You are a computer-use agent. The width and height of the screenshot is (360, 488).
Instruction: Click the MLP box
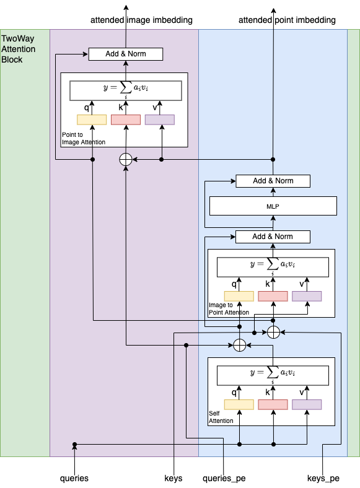273,206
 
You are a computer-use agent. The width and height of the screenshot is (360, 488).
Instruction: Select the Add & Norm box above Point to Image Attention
126,54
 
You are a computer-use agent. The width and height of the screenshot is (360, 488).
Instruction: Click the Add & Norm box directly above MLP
273,181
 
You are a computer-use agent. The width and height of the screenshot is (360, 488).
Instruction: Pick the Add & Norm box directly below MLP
273,237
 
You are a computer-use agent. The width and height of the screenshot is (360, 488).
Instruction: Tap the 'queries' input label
74,478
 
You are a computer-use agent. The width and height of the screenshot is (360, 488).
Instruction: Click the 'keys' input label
173,478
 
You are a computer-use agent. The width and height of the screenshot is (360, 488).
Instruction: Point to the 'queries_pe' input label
222,478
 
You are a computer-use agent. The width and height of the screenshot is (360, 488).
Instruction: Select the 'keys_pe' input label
323,478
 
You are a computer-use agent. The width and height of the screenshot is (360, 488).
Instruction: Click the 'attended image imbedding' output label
141,20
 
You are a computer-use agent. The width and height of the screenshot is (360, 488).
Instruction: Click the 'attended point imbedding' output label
287,20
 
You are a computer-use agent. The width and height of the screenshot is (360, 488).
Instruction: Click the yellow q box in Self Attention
239,405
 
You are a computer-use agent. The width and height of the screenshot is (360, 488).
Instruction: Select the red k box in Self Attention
273,405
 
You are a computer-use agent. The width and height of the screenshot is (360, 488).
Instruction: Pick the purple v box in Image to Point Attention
307,296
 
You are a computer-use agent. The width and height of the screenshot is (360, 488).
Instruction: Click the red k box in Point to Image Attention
126,120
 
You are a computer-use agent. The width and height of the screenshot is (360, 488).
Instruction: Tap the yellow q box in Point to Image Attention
92,120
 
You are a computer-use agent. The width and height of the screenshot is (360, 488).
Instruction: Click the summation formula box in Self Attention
273,374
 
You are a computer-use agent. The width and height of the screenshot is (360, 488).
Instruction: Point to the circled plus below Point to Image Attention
126,159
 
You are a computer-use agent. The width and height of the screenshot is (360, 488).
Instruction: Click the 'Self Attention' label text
221,417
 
